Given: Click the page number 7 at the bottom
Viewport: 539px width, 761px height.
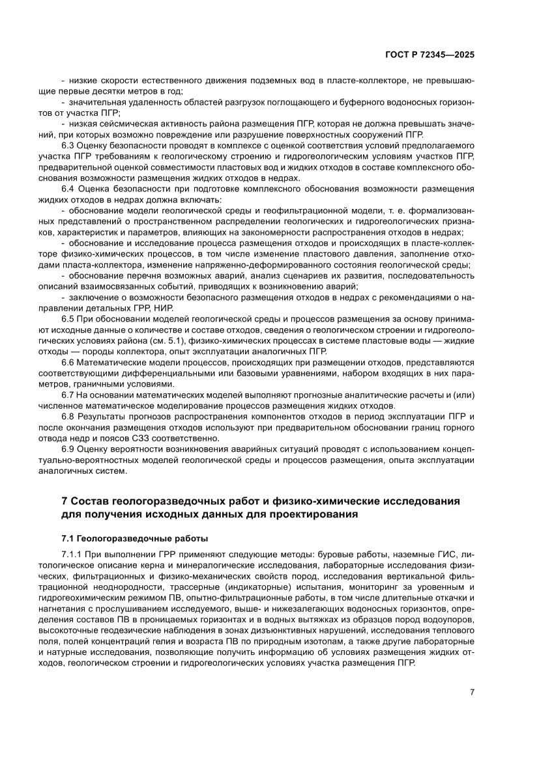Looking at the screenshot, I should [x=471, y=692].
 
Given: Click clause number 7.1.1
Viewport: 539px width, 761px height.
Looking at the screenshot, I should [x=71, y=554].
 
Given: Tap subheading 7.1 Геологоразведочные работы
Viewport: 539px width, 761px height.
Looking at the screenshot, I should [x=134, y=538].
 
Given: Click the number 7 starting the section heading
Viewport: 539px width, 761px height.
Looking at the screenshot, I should [x=64, y=501].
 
